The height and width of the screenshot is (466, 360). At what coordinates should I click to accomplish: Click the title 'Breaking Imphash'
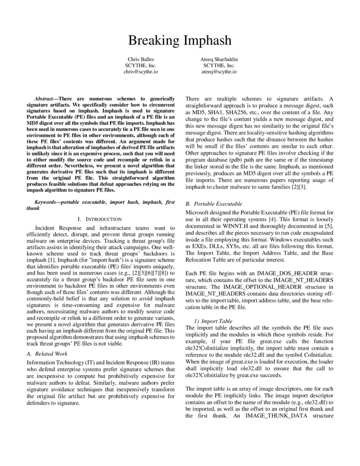180,40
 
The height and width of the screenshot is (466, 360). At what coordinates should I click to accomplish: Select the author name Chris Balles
141,59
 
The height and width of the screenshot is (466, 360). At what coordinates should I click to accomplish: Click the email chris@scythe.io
141,72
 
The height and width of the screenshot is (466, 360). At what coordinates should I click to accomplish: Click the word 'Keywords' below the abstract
46,202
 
